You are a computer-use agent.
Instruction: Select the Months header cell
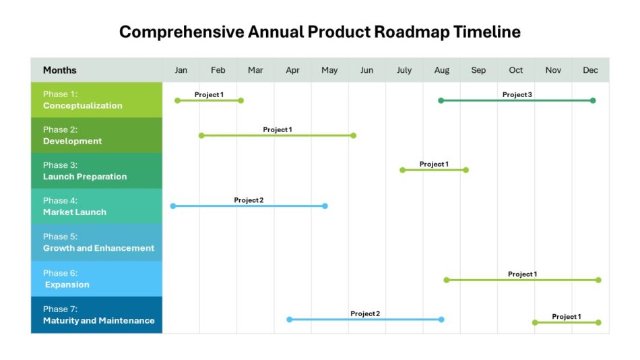tap(60, 70)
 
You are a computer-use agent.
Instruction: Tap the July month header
tap(404, 70)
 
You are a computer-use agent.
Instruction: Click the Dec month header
tap(590, 70)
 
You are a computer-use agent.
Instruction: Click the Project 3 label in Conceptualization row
tap(517, 94)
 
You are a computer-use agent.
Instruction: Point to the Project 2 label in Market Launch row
tap(249, 200)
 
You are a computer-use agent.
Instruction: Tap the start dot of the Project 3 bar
tap(441, 100)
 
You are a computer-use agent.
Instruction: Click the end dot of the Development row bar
tap(354, 136)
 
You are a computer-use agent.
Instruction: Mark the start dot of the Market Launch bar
tap(172, 206)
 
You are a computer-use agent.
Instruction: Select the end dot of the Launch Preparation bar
tap(466, 170)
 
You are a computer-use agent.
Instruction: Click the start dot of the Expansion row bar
tap(446, 280)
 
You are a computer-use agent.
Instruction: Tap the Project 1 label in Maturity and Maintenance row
tap(567, 316)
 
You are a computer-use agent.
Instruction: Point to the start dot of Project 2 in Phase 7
tap(289, 320)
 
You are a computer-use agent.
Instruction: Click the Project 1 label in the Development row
tap(278, 129)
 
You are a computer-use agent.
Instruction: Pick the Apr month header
tap(292, 70)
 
